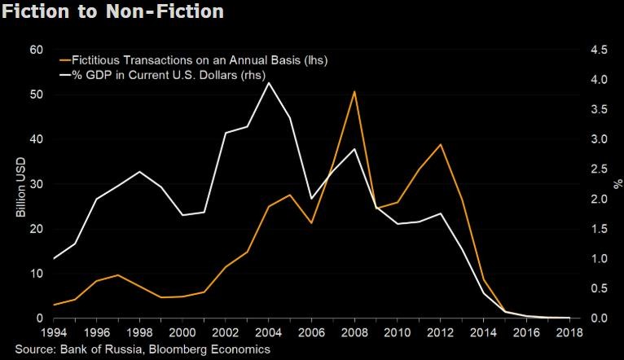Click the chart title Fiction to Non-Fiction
(x=113, y=13)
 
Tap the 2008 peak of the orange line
(x=354, y=91)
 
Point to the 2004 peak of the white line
(x=269, y=82)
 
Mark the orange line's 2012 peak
(x=440, y=144)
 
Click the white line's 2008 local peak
(x=354, y=149)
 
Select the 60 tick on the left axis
(x=35, y=50)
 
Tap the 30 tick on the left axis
(x=35, y=184)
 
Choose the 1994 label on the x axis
(x=55, y=333)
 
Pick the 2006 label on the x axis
(x=311, y=333)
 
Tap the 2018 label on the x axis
(x=568, y=333)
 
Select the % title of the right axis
(x=616, y=184)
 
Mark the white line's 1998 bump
(x=140, y=172)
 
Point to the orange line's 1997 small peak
(x=119, y=275)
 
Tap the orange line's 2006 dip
(x=311, y=223)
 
